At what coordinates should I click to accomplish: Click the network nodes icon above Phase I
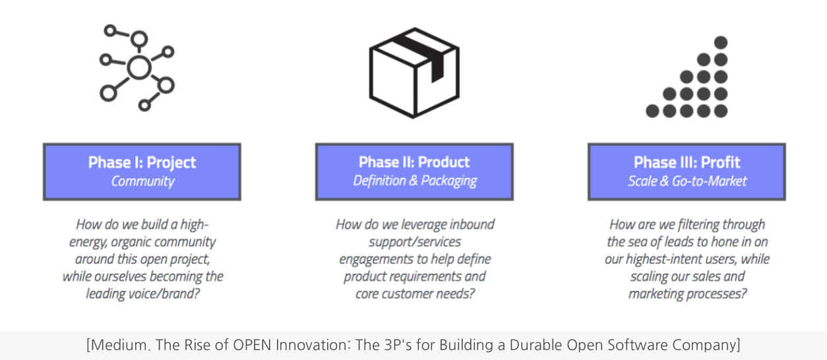click(137, 67)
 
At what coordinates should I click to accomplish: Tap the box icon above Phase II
click(413, 73)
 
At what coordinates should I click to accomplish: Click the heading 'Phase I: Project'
click(142, 162)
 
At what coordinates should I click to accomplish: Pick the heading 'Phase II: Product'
click(414, 162)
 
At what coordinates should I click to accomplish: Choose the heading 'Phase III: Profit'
click(687, 162)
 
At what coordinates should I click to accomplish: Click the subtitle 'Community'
click(142, 181)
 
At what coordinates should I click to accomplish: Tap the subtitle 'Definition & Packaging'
click(414, 181)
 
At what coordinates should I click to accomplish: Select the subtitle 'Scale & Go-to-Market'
click(687, 181)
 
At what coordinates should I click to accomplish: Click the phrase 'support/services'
click(415, 242)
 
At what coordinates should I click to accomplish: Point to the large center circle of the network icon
click(138, 67)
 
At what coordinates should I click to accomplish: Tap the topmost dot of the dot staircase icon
click(720, 43)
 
